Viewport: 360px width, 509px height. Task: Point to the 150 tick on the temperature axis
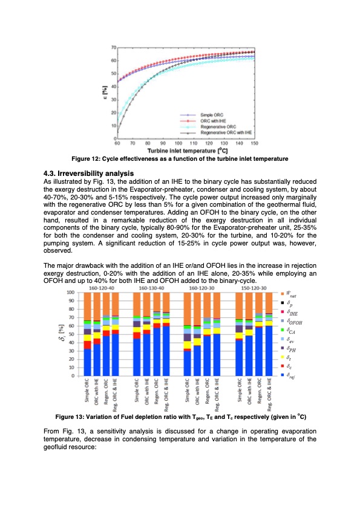coord(255,143)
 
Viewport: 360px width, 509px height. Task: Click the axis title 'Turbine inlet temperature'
coord(186,150)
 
